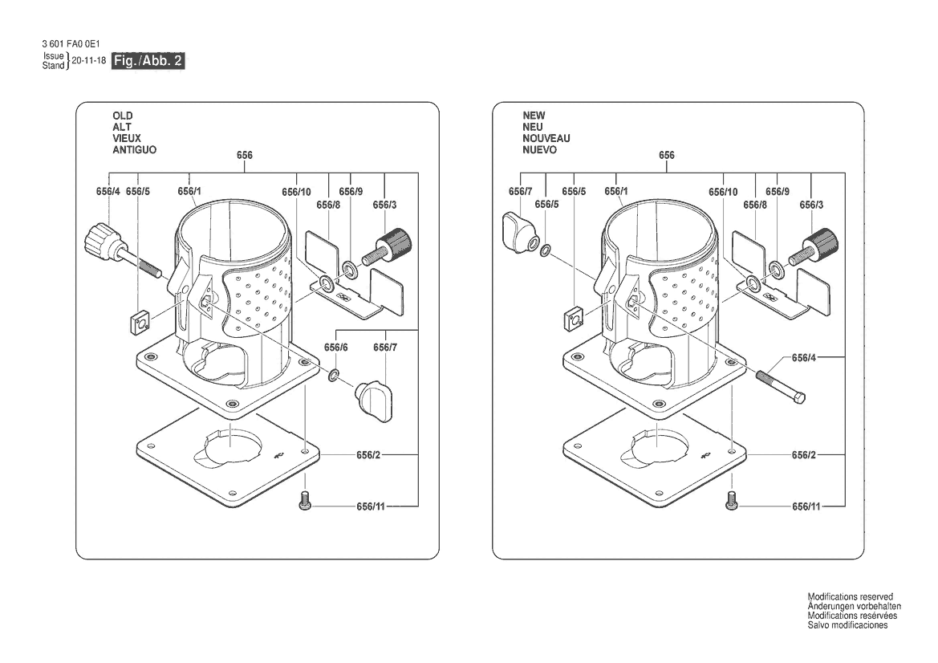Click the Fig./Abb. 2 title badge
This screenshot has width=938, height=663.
(x=148, y=60)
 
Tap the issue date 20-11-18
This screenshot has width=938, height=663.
(x=88, y=60)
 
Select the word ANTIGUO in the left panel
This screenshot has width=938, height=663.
(x=135, y=149)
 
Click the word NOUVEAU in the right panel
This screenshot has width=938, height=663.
(x=546, y=138)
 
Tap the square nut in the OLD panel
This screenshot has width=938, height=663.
(x=141, y=323)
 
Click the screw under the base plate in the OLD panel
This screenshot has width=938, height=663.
(x=305, y=499)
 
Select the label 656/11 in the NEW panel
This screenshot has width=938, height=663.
(x=806, y=506)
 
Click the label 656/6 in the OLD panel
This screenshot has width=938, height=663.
(x=335, y=348)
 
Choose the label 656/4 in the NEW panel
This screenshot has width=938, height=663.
(x=803, y=358)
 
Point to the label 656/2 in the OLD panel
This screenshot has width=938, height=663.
(x=368, y=455)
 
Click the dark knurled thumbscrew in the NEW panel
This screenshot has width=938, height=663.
(x=814, y=246)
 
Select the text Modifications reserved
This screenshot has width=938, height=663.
(x=850, y=596)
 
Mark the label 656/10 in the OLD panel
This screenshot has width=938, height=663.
(x=296, y=192)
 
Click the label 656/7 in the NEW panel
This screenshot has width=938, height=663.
(x=521, y=192)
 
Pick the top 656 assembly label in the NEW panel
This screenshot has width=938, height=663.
(x=667, y=155)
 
